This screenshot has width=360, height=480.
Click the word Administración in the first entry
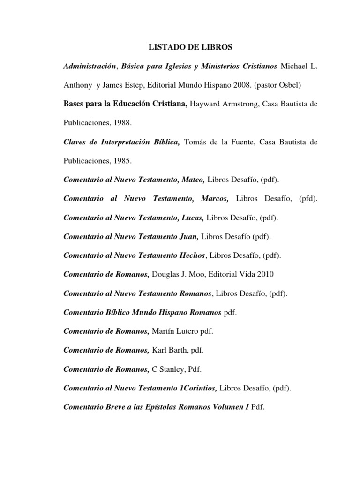(x=89, y=66)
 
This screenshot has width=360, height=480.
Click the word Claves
(x=75, y=142)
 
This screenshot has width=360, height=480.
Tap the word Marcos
(x=215, y=199)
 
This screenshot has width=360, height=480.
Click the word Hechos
(x=192, y=255)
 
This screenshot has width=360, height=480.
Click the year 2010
(x=265, y=274)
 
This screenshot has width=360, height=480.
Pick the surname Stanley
(x=172, y=369)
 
